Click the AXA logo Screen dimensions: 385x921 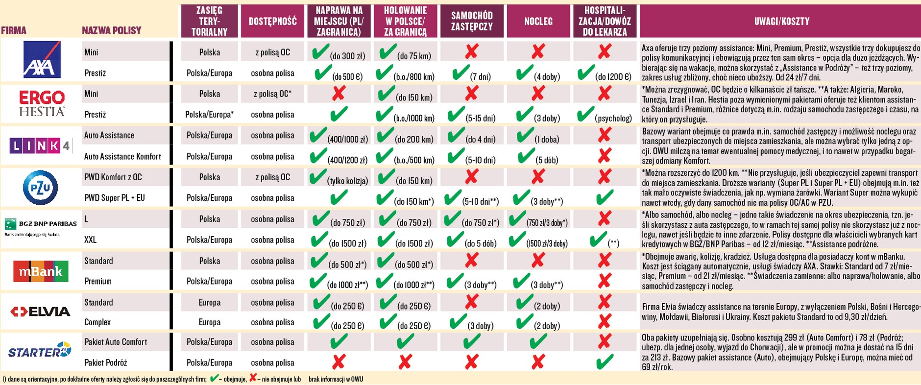pos(42,60)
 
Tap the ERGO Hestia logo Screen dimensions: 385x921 pos(42,104)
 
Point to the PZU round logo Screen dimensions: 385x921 pos(41,187)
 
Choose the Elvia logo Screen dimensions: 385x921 pos(41,312)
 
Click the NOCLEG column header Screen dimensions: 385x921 pos(538,21)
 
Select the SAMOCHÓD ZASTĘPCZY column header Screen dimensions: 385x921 pos(472,21)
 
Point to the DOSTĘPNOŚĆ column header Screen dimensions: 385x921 pos(272,21)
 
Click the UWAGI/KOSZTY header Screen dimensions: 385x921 pos(781,21)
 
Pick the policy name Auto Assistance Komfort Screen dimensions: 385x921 pos(122,156)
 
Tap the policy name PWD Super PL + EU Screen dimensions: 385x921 pos(115,198)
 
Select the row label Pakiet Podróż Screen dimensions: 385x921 pos(106,362)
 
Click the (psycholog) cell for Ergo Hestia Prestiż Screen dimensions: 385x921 pos(613,118)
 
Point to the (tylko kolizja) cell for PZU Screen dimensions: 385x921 pos(347,181)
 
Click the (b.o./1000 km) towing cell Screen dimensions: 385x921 pos(413,118)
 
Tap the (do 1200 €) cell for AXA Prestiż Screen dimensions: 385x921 pos(613,77)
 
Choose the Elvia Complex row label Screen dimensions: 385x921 pos(97,322)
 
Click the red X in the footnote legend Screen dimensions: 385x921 pos(253,378)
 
